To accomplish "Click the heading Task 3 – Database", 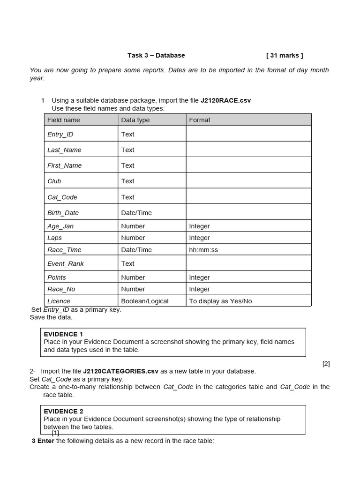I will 156,55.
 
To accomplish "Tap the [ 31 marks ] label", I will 285,55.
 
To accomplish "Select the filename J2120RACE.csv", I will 225,100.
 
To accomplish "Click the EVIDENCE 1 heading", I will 63,334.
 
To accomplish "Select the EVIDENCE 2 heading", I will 63,412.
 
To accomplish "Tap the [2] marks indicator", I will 326,364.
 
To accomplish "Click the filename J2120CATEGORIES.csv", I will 121,371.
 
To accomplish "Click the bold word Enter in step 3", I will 46,441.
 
